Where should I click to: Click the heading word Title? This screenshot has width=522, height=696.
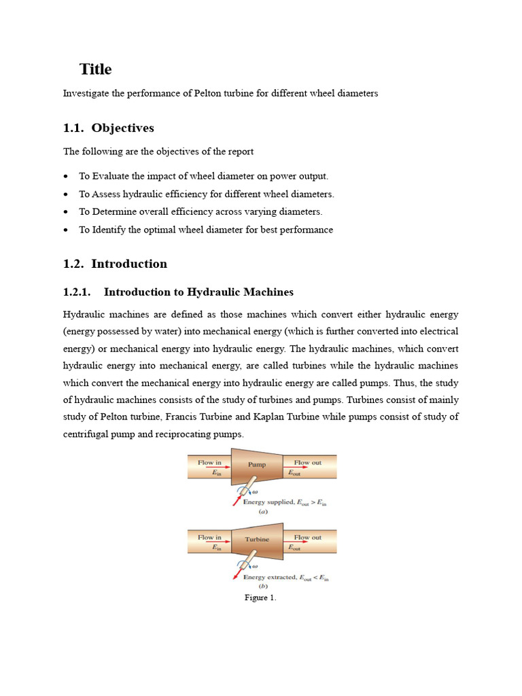point(95,69)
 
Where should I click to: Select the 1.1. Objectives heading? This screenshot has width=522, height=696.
point(109,128)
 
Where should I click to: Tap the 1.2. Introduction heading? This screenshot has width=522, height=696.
point(115,264)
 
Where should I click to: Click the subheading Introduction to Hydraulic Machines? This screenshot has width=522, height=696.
point(198,292)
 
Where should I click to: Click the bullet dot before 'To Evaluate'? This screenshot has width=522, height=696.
point(67,177)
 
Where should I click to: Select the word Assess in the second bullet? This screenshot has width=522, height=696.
point(105,194)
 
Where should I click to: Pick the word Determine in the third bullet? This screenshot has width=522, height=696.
point(114,211)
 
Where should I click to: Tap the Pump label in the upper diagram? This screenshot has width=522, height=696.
point(256,466)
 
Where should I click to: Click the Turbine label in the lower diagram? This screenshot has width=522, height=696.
point(257,540)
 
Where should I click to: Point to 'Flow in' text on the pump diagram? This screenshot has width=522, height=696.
point(209,463)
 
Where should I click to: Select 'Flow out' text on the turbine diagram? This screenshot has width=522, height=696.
point(307,537)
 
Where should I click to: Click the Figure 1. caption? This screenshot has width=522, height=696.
point(260,598)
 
